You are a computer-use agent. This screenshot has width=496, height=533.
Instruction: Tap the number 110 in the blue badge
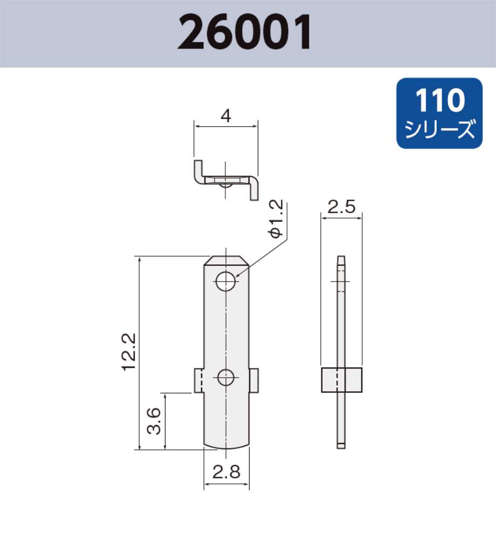pyautogui.click(x=439, y=101)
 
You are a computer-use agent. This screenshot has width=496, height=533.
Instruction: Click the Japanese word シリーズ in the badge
pyautogui.click(x=439, y=130)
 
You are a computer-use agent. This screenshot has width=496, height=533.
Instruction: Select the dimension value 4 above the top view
pyautogui.click(x=226, y=116)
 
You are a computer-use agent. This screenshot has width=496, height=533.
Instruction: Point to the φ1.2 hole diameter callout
pyautogui.click(x=275, y=218)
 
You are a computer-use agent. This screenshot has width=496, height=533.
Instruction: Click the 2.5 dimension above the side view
pyautogui.click(x=341, y=207)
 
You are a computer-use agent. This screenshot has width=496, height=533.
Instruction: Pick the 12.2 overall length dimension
pyautogui.click(x=128, y=352)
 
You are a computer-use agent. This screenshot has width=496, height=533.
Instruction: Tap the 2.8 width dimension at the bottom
pyautogui.click(x=226, y=472)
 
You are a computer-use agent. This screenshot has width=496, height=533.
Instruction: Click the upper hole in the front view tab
pyautogui.click(x=226, y=282)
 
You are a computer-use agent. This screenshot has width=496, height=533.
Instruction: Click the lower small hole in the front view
pyautogui.click(x=226, y=378)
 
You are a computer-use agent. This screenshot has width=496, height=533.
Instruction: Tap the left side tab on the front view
pyautogui.click(x=198, y=380)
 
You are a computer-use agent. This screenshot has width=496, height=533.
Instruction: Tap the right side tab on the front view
pyautogui.click(x=254, y=380)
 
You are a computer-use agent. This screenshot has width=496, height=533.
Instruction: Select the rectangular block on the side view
pyautogui.click(x=341, y=380)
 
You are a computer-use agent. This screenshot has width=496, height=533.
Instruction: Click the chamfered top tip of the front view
pyautogui.click(x=226, y=261)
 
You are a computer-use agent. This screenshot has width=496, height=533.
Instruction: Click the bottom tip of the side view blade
pyautogui.click(x=341, y=446)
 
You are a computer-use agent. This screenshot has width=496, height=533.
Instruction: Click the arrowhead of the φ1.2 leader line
pyautogui.click(x=237, y=276)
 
